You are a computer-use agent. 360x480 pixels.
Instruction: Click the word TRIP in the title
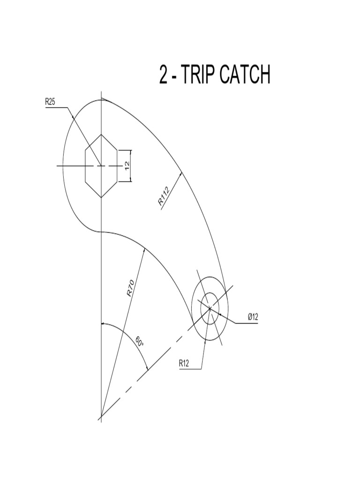(x=197, y=75)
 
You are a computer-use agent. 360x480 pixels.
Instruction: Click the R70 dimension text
(x=131, y=288)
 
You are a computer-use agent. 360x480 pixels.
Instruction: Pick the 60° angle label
(x=140, y=342)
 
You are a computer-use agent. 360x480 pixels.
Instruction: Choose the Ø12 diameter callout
(x=253, y=317)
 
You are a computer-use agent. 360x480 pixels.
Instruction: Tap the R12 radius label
(x=184, y=362)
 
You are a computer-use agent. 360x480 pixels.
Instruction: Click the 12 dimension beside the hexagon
(x=127, y=165)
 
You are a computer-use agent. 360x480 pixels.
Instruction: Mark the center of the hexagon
(x=101, y=166)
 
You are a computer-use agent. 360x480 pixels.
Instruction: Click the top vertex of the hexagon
(x=101, y=134)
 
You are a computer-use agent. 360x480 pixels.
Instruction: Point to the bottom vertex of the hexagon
(x=101, y=197)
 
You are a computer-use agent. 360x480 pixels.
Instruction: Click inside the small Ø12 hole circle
(x=210, y=308)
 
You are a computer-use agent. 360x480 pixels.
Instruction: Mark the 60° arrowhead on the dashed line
(x=147, y=368)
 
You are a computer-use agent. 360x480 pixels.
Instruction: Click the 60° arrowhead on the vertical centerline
(x=104, y=324)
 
